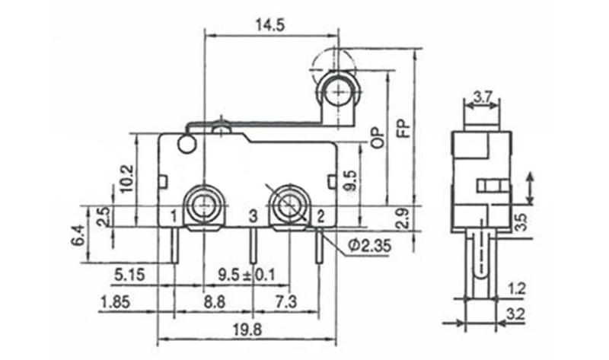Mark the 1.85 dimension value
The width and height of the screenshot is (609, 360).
pyautogui.click(x=114, y=302)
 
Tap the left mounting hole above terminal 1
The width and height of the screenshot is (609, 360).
pyautogui.click(x=204, y=204)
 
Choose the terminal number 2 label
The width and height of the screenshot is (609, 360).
pyautogui.click(x=320, y=218)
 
